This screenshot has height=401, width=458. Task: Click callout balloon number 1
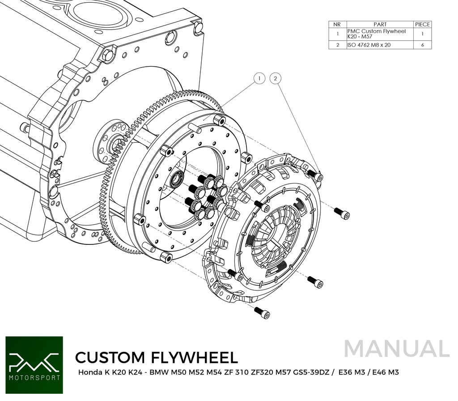[x=259, y=79]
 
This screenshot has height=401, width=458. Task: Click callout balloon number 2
[x=276, y=79]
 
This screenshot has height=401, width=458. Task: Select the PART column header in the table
[x=379, y=24]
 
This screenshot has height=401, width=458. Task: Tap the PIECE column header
[x=422, y=24]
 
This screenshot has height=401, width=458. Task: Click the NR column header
[x=337, y=24]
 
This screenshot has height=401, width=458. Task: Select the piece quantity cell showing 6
[x=422, y=45]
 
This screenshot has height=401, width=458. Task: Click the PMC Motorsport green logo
[x=34, y=365]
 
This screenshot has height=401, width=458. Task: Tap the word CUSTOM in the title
[x=110, y=357]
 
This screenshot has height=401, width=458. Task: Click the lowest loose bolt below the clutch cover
[x=262, y=313]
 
